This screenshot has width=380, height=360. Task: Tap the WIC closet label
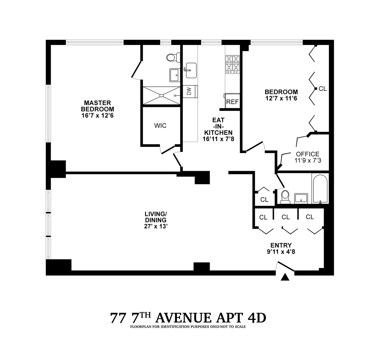[x=160, y=126]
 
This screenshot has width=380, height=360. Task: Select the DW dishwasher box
[x=189, y=92]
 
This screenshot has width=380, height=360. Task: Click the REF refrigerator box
[x=232, y=102]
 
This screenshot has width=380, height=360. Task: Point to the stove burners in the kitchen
[x=232, y=64]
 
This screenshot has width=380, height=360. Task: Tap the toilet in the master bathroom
[x=172, y=58]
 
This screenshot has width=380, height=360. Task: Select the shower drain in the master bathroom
[x=162, y=95]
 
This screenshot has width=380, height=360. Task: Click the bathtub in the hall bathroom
[x=320, y=189]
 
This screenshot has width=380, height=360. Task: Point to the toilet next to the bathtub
[x=285, y=196]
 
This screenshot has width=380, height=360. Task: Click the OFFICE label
[x=308, y=154]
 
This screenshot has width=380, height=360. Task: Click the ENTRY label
[x=281, y=245]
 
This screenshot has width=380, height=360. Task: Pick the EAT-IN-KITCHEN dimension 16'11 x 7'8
[x=218, y=139]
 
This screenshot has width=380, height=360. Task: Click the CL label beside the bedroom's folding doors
[x=322, y=89]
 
